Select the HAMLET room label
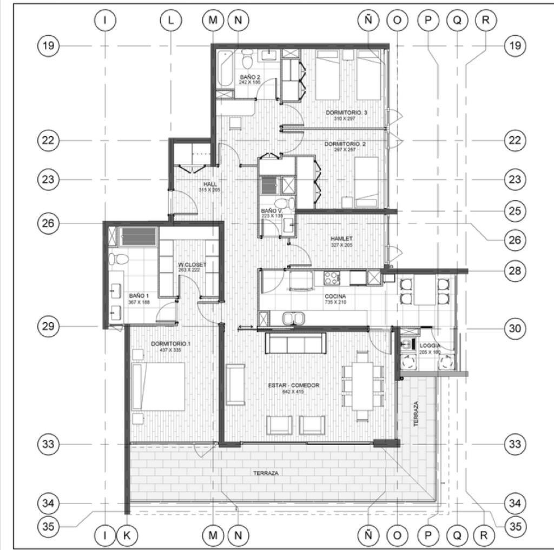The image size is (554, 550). click(341, 238)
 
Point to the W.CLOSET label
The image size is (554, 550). click(192, 264)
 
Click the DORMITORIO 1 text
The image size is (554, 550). click(170, 344)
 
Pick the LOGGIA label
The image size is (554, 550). click(430, 345)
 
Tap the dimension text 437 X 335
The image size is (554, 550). click(170, 350)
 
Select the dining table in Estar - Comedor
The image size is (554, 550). click(362, 385)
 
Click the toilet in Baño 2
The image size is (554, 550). click(247, 55)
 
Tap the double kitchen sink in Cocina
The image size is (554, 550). click(292, 318)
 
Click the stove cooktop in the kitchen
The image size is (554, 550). click(331, 278)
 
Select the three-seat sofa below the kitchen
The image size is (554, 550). click(295, 343)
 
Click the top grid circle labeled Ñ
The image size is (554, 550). click(368, 20)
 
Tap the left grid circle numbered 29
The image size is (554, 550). click(49, 326)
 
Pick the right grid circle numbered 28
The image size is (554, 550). click(515, 270)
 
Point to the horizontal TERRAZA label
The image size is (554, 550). click(266, 473)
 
